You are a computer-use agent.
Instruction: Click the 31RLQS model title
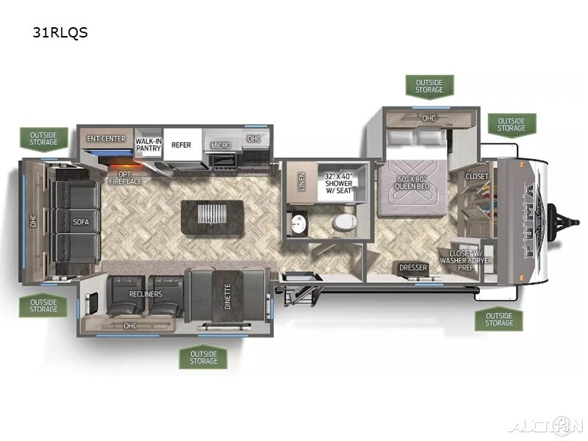(60, 32)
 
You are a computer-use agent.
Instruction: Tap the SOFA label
(81, 222)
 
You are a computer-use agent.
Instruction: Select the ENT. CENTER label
(106, 138)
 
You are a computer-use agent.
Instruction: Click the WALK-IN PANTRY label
(148, 145)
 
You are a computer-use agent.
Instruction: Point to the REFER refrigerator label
(181, 145)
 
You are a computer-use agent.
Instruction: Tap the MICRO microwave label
(220, 145)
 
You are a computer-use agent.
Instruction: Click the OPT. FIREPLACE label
(125, 178)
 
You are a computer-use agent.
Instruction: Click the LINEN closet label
(302, 182)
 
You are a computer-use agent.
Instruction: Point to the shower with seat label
(339, 183)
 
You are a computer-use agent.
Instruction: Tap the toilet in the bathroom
(344, 223)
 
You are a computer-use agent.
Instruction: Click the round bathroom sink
(299, 224)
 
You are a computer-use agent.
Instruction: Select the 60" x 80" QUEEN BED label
(412, 182)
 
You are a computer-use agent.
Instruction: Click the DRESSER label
(413, 268)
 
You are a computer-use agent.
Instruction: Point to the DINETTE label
(228, 296)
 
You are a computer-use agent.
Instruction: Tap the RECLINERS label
(146, 294)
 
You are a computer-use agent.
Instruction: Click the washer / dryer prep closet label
(466, 260)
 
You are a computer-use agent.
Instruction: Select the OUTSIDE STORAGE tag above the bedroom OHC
(429, 86)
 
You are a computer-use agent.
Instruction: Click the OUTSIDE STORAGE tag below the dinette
(204, 357)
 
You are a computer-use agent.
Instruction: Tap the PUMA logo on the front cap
(532, 221)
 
